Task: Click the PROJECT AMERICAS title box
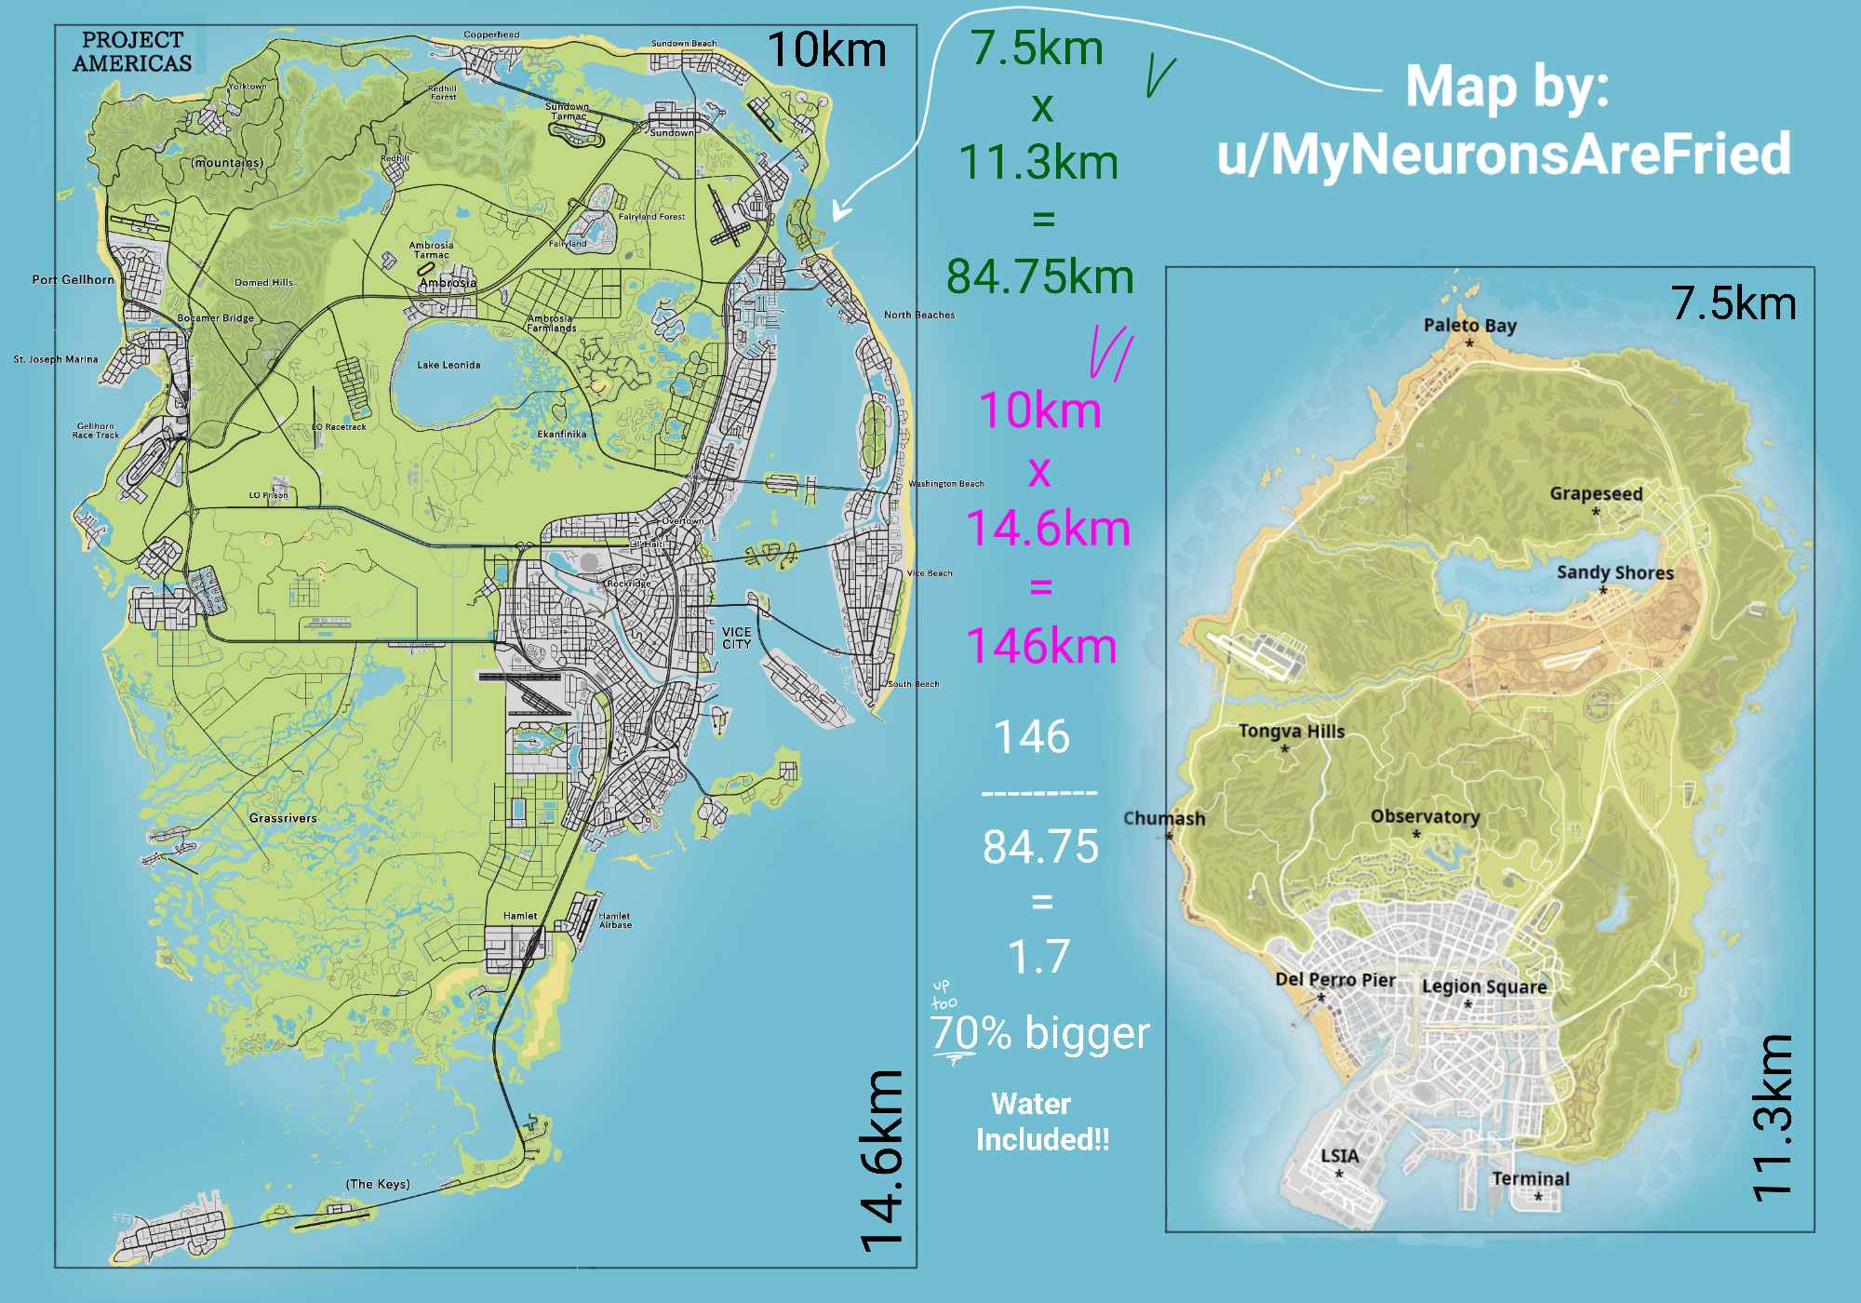pos(132,51)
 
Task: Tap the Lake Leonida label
pos(449,365)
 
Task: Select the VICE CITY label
pos(736,638)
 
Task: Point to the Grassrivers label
pos(283,818)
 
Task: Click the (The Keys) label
pos(378,1184)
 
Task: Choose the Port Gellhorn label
pos(73,279)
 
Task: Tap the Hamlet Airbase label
pos(615,920)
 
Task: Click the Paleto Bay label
pos(1469,325)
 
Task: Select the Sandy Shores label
pos(1614,572)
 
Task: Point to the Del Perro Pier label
pos(1334,979)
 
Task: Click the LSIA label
pos(1339,1155)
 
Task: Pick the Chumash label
pos(1163,818)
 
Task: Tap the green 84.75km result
pos(1039,276)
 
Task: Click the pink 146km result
pos(1040,645)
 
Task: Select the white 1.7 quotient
pos(1039,956)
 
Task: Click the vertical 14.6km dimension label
pos(880,1159)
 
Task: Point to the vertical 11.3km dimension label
pos(1772,1117)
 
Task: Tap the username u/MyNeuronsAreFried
pos(1504,154)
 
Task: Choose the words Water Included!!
pos(1040,1122)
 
